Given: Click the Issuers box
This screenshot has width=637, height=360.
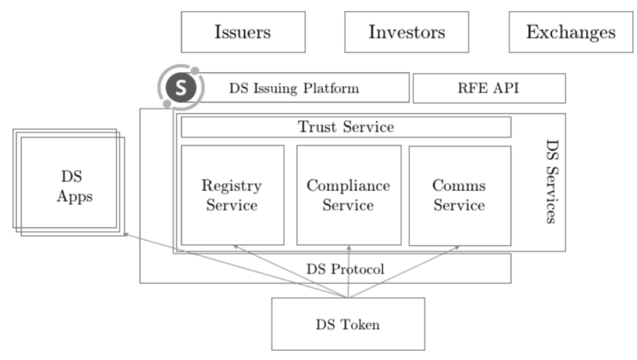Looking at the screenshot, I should coord(243,32).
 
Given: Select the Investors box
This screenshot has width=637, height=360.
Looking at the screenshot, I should coord(407,32).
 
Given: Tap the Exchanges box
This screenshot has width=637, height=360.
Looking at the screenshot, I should coord(570,32).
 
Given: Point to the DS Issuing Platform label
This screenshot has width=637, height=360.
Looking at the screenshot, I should coord(293,88).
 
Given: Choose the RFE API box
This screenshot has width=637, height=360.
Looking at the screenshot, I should coord(489,88).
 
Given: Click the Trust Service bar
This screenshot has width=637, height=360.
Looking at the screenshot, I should coord(346,127).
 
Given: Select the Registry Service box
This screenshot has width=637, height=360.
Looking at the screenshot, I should coord(232,195).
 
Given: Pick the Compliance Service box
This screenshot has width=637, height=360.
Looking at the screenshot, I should coord(348,195).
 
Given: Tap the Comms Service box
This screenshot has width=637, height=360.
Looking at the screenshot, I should coord(459,195).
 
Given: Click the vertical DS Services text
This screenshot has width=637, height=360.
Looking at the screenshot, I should coord(551,182).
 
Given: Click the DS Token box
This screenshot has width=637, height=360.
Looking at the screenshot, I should coord(348,324).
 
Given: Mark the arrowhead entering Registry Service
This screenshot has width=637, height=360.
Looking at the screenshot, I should coord(235,246).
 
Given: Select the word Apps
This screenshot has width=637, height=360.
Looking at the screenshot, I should coord(75,196).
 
